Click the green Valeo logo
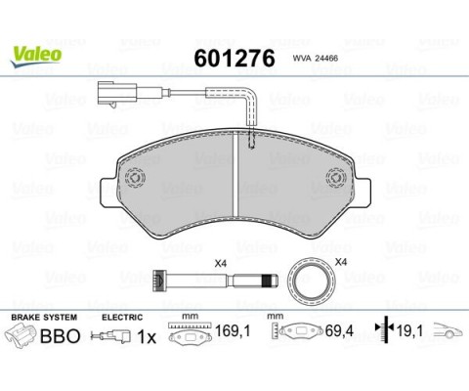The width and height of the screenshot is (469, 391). tap(35, 56)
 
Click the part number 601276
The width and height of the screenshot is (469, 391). tap(234, 59)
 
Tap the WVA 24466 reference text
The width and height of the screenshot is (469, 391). tap(316, 59)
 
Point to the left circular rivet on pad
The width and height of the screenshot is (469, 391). tap(135, 178)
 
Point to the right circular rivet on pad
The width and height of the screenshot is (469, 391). tap(336, 178)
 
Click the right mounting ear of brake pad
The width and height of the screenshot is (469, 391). tap(362, 193)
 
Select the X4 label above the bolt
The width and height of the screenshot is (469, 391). tap(220, 264)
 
